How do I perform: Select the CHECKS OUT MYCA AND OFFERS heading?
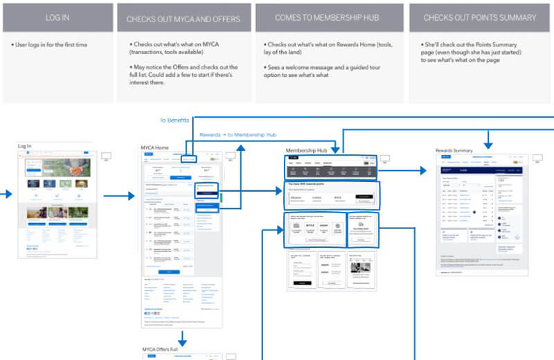183,19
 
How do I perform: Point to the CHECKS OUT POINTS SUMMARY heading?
480,17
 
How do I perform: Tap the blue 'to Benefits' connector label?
175,120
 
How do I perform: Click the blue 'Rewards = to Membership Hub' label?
238,134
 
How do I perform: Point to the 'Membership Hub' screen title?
305,150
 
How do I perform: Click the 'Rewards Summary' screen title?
454,150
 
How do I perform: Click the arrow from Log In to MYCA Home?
123,197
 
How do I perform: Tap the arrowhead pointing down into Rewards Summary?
488,144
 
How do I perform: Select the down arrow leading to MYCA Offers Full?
182,339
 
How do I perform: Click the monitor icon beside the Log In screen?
107,156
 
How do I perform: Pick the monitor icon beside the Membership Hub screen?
384,159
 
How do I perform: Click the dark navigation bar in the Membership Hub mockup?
332,168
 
